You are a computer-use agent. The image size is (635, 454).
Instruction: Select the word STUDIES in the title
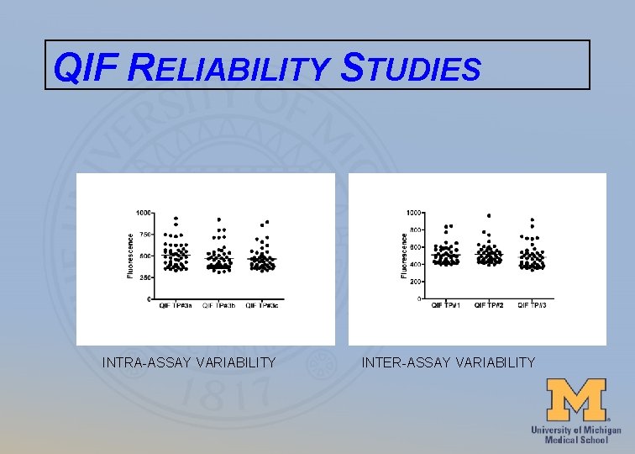point(411,68)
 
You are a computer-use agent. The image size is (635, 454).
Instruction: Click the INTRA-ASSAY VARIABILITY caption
point(189,362)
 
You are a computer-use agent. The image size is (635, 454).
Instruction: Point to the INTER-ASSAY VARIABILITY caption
point(448,362)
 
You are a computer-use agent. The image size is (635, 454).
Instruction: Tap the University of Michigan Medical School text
point(575,435)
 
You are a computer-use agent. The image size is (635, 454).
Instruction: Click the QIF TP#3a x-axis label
point(176,305)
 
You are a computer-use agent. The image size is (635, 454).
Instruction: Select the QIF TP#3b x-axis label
point(219,305)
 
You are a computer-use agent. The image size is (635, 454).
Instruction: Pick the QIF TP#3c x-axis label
point(263,305)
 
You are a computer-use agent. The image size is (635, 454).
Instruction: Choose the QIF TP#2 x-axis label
point(489,304)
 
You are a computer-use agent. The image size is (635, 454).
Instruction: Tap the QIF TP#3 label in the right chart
point(532,304)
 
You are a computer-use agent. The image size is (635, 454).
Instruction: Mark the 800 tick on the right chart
point(416,230)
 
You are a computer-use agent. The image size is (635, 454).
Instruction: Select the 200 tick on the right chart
point(416,282)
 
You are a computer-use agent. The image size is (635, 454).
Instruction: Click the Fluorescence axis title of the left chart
point(129,256)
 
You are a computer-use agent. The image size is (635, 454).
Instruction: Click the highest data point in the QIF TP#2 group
point(489,215)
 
